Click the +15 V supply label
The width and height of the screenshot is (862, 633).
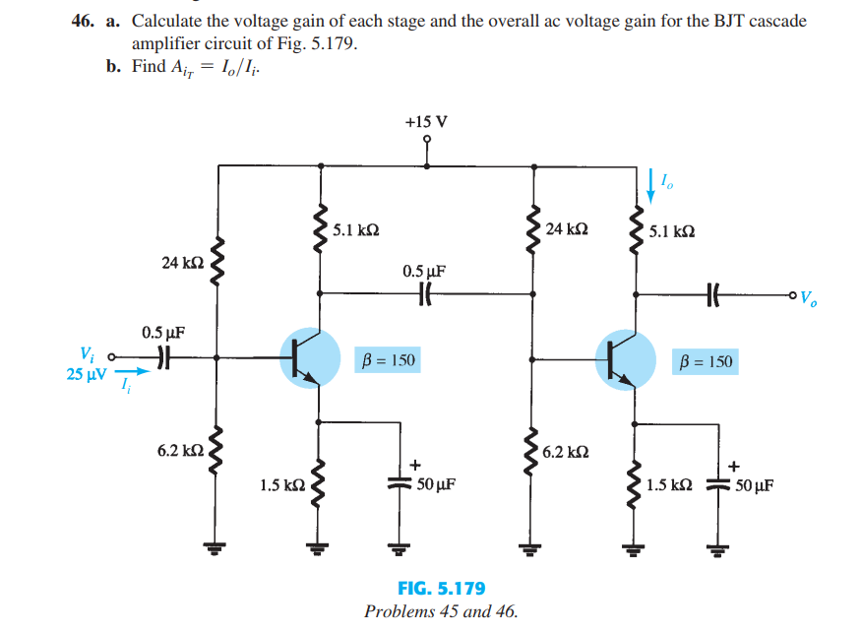click(425, 122)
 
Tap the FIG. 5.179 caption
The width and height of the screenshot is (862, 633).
click(441, 589)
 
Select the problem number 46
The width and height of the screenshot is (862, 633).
click(84, 21)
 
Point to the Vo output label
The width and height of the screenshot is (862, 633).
click(809, 296)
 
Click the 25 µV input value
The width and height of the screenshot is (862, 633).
click(88, 374)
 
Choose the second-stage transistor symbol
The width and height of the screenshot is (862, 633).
click(626, 358)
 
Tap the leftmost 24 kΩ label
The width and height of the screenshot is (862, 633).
click(183, 263)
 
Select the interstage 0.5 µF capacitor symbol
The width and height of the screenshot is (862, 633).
click(425, 292)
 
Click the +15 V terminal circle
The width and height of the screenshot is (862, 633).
click(425, 140)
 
